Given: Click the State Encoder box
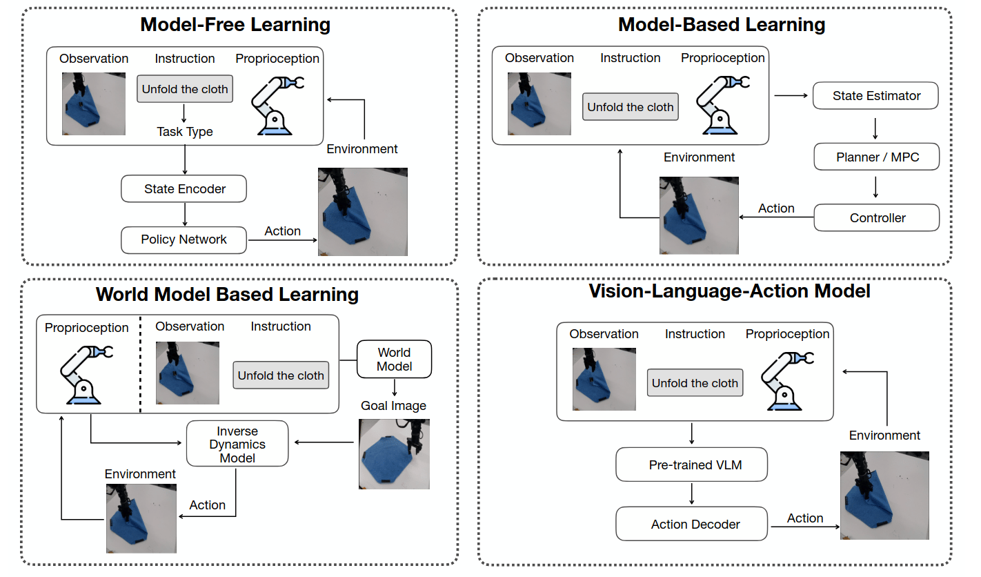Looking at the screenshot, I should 184,188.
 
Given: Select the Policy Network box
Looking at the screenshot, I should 184,239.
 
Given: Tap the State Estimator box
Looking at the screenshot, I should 876,96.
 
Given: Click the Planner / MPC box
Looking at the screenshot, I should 877,157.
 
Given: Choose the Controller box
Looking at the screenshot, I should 877,217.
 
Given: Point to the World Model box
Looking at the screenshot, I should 394,359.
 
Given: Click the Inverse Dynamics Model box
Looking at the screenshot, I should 237,443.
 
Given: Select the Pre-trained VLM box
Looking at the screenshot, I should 691,464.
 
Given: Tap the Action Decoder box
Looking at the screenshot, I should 691,525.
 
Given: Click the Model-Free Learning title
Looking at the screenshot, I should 235,26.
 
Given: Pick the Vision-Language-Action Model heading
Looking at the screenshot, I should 729,291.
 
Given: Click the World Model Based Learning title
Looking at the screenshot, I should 227,295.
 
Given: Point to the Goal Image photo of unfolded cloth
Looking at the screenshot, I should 394,453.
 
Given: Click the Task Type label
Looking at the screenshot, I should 185,132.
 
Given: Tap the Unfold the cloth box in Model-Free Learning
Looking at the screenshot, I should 185,89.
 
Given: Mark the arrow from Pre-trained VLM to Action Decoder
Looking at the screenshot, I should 691,494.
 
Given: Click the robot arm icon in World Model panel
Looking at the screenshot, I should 86,373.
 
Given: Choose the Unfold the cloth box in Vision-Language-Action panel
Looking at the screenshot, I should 695,383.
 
